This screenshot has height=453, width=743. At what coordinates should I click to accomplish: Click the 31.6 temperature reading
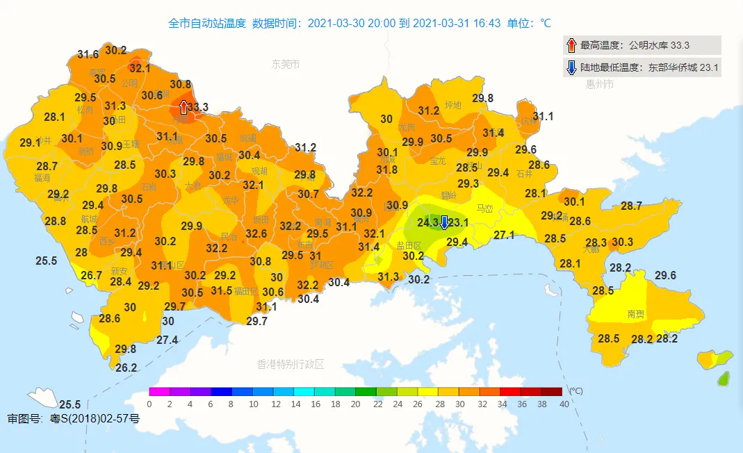[x=88, y=54]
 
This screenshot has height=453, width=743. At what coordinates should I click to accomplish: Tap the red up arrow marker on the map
[x=183, y=107]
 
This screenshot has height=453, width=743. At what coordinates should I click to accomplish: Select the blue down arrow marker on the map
[x=444, y=222]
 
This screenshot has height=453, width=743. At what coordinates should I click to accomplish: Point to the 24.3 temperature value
[x=428, y=222]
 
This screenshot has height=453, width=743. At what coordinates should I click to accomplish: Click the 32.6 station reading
[x=256, y=233]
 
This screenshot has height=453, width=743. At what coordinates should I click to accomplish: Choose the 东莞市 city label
[x=286, y=64]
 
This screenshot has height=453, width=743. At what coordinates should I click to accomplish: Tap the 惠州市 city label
[x=599, y=84]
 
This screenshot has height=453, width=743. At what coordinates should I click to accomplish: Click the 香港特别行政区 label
[x=291, y=364]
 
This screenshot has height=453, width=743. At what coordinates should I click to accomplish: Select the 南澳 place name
[x=635, y=314]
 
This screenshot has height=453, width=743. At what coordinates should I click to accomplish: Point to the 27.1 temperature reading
[x=504, y=236]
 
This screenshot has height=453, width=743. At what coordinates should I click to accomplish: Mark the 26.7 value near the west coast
[x=91, y=275]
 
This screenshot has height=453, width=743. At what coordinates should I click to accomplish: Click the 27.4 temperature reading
[x=167, y=340]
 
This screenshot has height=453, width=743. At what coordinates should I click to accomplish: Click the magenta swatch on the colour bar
[x=159, y=392]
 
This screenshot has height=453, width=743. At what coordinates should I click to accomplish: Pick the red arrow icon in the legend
[x=571, y=45]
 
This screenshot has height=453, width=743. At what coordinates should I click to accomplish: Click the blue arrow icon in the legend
[x=571, y=67]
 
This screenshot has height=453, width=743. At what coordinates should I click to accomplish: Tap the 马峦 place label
[x=484, y=208]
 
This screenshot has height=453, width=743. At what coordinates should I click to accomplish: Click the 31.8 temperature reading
[x=386, y=170]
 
